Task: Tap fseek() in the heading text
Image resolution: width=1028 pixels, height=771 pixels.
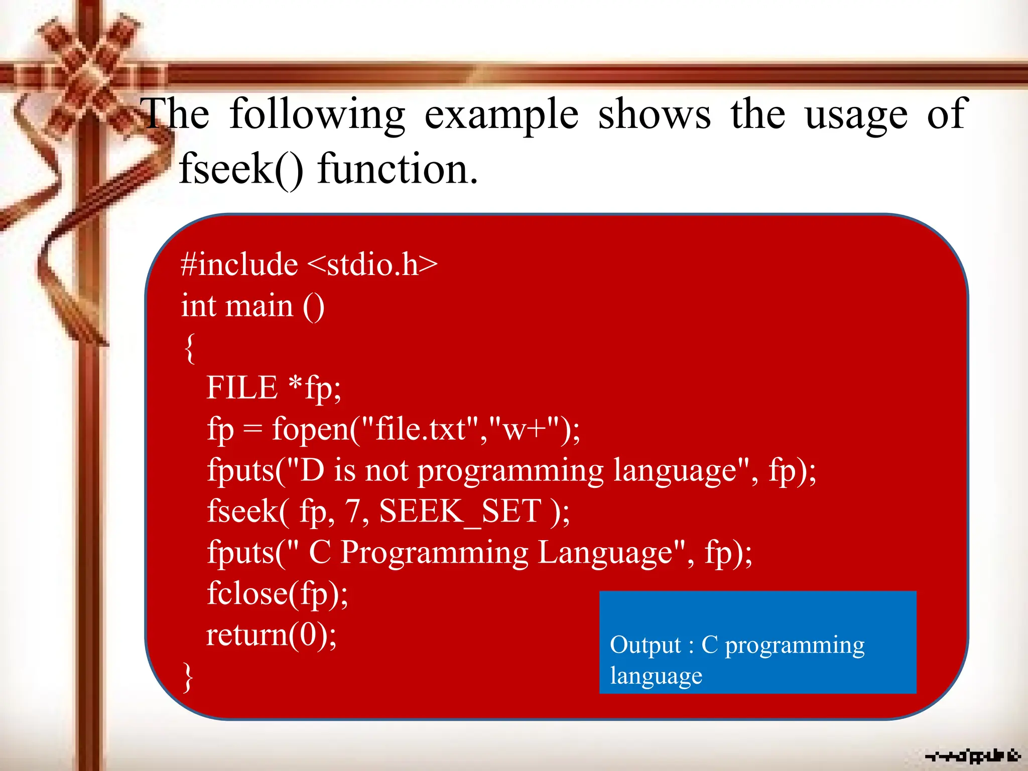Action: click(x=241, y=170)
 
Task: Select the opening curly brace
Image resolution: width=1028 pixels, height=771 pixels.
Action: click(x=189, y=348)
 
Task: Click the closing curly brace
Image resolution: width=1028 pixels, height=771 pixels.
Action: click(x=188, y=677)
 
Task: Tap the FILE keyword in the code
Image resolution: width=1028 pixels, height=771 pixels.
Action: click(x=242, y=388)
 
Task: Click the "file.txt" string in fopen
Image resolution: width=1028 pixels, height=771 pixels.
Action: click(x=420, y=430)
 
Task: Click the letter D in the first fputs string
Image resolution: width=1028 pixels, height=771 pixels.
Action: click(x=312, y=471)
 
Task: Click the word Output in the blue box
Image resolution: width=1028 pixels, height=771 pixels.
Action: click(x=645, y=645)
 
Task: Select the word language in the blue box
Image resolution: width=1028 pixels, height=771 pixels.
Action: click(x=656, y=676)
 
